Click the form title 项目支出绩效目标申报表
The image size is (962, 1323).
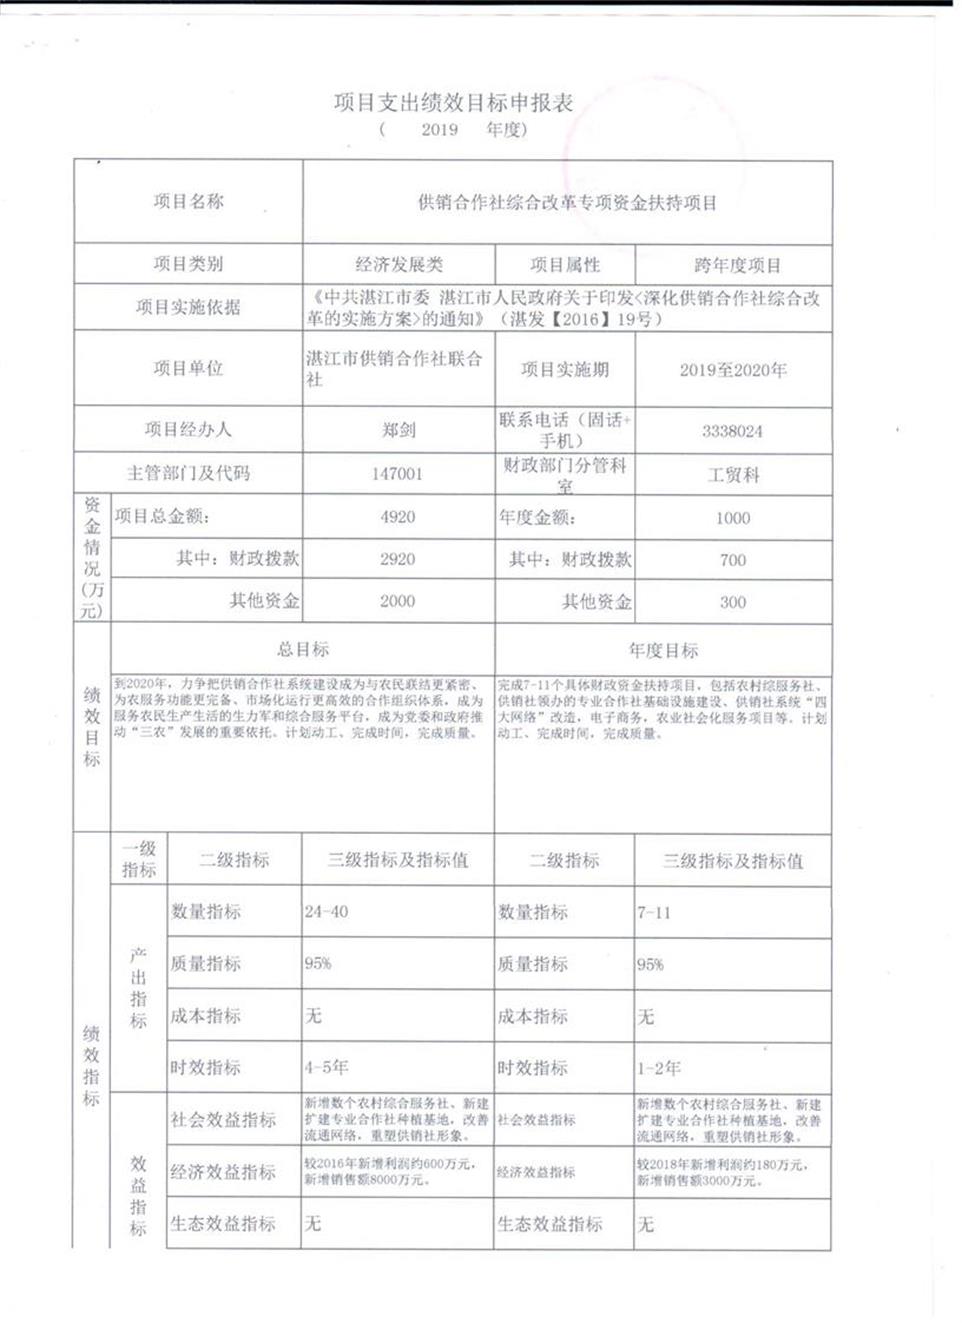pos(453,103)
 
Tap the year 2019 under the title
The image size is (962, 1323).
pos(439,130)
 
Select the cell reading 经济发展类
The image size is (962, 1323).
pos(398,265)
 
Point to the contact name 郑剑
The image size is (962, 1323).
pos(398,430)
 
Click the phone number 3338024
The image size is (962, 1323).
pos(732,431)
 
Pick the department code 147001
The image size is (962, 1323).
pos(397,474)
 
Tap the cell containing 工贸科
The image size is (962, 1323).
pos(733,475)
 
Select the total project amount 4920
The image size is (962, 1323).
pos(397,517)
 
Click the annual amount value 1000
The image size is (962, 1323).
pos(732,518)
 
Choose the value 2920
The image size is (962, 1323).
pos(397,559)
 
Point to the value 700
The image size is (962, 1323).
pos(732,560)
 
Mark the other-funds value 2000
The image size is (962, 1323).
pos(397,601)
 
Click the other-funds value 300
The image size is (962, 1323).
pos(732,602)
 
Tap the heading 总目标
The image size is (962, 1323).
pos(303,649)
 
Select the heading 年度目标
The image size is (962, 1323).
pos(663,651)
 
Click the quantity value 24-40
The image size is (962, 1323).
pos(327,912)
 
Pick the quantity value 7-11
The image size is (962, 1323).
pos(654,913)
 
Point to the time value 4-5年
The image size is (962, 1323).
pos(327,1067)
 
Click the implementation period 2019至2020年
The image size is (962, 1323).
pos(733,370)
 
